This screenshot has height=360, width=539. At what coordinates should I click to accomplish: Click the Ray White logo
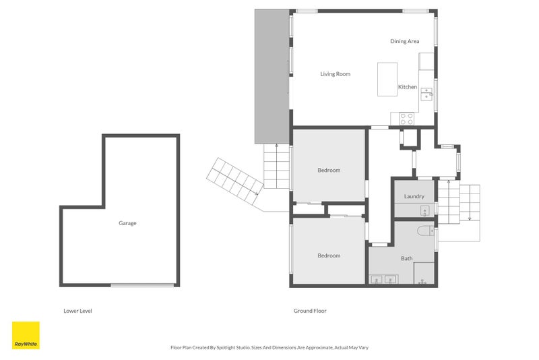(26, 335)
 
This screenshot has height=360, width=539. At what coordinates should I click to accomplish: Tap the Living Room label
(335, 74)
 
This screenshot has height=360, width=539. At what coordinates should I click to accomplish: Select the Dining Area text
(404, 42)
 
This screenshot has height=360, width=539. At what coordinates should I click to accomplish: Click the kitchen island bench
(387, 80)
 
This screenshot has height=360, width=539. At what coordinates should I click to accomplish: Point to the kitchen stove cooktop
(407, 118)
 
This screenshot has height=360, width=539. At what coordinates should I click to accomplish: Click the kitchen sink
(426, 94)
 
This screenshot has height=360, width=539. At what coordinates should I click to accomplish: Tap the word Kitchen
(408, 87)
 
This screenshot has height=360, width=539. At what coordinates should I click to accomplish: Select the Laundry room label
(414, 197)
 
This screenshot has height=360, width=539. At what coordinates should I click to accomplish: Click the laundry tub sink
(425, 211)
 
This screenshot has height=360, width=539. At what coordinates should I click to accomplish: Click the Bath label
(407, 258)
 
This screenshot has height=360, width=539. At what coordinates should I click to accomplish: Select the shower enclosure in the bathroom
(424, 273)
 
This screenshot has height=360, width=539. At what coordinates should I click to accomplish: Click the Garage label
(127, 223)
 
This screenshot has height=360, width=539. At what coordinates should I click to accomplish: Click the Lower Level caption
(77, 311)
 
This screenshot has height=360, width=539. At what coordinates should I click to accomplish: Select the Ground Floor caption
(310, 311)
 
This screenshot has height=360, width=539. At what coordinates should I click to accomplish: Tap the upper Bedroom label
(329, 171)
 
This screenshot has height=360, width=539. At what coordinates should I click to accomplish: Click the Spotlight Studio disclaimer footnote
(269, 348)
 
